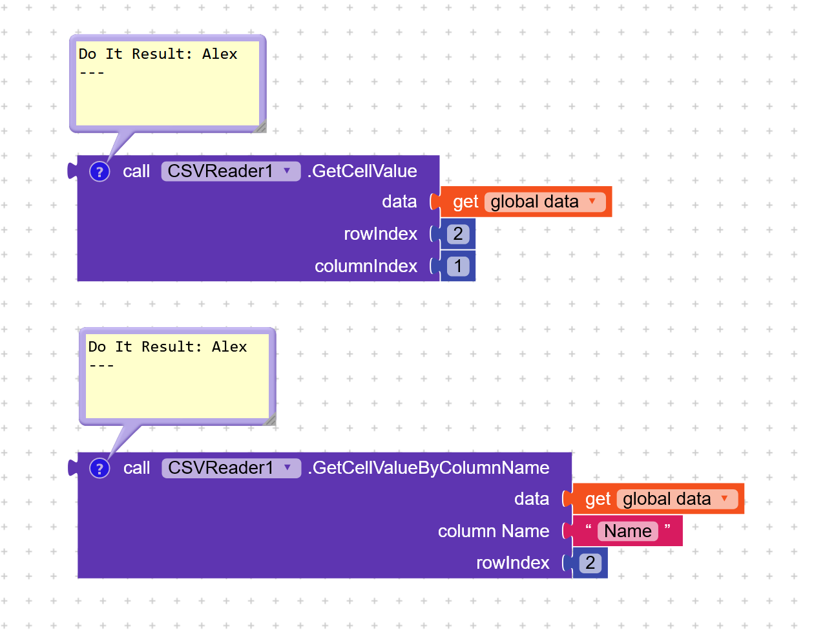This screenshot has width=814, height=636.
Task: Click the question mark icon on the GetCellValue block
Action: (x=99, y=172)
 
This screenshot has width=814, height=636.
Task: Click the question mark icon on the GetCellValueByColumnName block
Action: (x=99, y=468)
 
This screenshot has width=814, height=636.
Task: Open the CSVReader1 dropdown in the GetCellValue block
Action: (x=231, y=171)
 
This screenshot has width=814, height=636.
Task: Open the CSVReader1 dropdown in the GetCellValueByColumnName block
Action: (x=231, y=468)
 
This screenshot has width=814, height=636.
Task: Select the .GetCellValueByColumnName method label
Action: (x=428, y=468)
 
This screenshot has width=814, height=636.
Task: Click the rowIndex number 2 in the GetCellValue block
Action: (x=458, y=234)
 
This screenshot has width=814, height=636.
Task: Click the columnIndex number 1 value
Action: (x=458, y=266)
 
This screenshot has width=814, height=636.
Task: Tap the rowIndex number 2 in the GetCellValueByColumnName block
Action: (x=590, y=562)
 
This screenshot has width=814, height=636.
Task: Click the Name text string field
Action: (x=627, y=531)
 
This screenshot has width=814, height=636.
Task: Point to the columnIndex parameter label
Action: (x=366, y=266)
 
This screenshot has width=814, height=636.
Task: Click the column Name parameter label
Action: (x=494, y=531)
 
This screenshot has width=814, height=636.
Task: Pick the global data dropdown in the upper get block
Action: (x=545, y=202)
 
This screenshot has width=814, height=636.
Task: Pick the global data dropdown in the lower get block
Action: (x=677, y=499)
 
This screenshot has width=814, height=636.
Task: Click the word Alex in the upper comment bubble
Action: (x=220, y=54)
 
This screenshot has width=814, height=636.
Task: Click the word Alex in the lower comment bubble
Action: (x=229, y=346)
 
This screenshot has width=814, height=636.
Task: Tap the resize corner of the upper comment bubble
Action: (x=261, y=127)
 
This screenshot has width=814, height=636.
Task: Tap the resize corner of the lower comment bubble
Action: (x=270, y=419)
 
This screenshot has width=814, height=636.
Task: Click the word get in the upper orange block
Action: (x=465, y=202)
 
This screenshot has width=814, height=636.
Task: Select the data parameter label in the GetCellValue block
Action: (x=399, y=201)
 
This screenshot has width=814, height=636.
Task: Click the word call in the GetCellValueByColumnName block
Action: (x=137, y=468)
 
